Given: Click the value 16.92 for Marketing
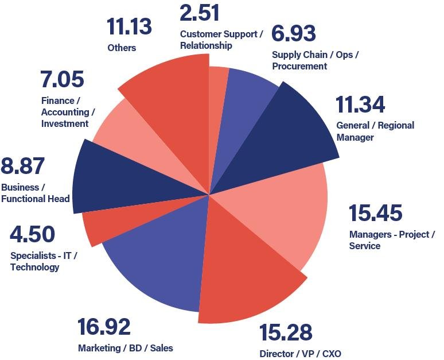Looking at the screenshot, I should click(104, 327).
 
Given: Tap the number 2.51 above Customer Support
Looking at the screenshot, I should click(199, 13).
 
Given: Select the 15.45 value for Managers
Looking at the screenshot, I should click(376, 212).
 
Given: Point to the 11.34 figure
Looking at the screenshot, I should click(360, 105).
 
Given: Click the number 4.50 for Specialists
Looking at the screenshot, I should click(32, 234).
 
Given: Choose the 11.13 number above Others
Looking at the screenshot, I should click(129, 26).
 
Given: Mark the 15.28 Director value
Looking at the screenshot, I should click(286, 332).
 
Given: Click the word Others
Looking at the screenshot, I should click(122, 48).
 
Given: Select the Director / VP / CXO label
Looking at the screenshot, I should click(300, 353).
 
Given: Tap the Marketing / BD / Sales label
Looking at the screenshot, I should click(125, 347).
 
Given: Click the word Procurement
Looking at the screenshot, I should click(299, 66).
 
